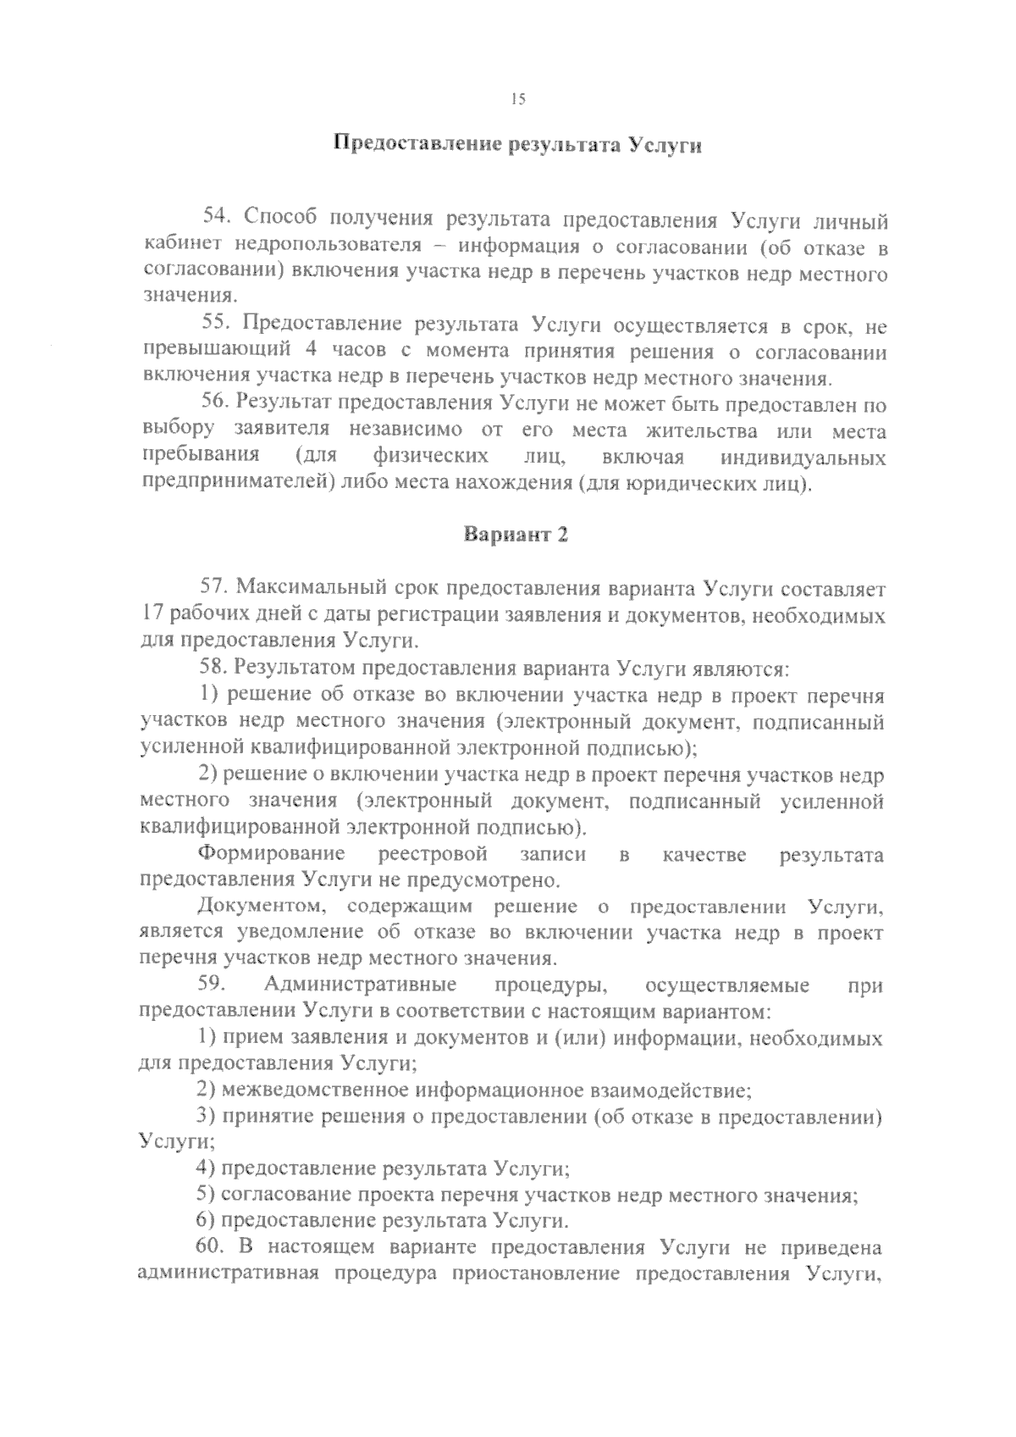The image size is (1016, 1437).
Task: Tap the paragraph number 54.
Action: coord(216,219)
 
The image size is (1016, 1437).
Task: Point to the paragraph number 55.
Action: coord(216,325)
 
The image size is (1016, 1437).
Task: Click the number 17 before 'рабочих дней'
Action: coord(152,614)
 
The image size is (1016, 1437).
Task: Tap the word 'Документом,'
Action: coord(260,907)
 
